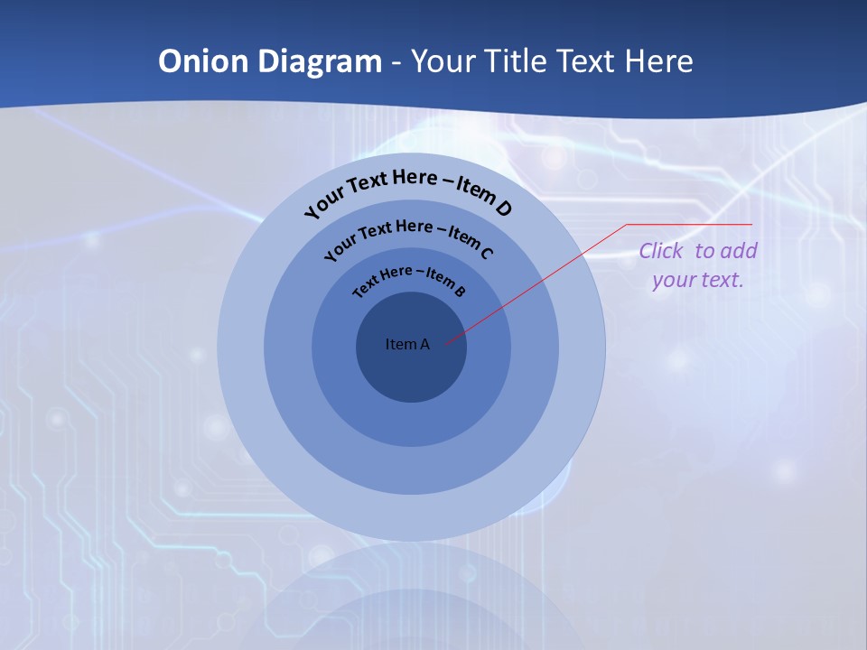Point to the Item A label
[x=407, y=344]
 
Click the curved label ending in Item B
[x=409, y=281]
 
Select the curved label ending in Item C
[x=408, y=237]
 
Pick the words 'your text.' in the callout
[x=697, y=280]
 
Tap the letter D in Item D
[x=504, y=209]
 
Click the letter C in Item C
[x=487, y=253]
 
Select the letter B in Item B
[x=460, y=291]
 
